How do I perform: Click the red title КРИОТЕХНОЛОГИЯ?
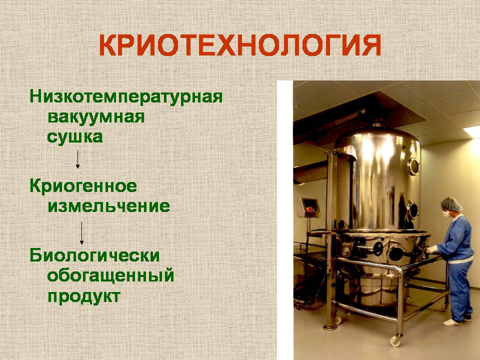click(240, 45)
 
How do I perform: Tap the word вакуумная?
click(96, 117)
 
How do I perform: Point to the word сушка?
click(74, 137)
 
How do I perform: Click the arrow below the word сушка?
click(78, 159)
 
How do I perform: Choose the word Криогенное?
click(83, 186)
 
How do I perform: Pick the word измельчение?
click(108, 206)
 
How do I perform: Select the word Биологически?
click(94, 255)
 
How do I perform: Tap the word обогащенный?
click(110, 275)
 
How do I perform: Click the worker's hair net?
click(452, 204)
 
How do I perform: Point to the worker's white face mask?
click(445, 213)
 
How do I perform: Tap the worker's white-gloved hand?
click(432, 249)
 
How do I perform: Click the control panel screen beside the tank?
click(310, 205)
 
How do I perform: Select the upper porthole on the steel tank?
click(413, 166)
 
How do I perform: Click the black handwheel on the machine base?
click(378, 248)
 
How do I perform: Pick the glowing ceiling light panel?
click(473, 131)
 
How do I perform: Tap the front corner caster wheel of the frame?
click(395, 341)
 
